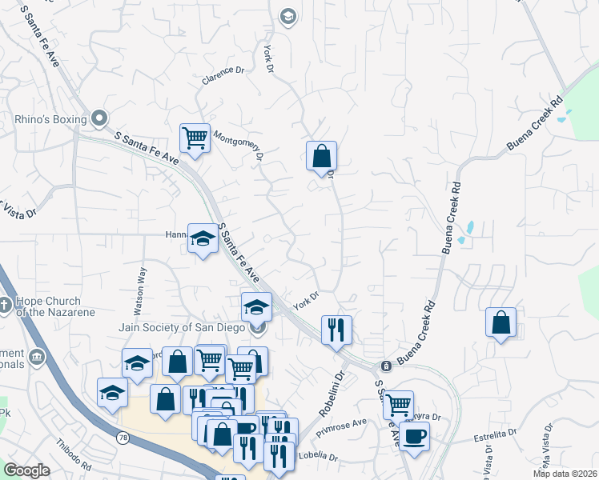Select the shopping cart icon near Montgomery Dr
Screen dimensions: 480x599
(195, 138)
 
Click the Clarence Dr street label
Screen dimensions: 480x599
(223, 76)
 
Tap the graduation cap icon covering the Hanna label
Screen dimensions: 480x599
(203, 238)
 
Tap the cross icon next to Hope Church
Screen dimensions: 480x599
(6, 304)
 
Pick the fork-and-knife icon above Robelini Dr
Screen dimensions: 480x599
(336, 329)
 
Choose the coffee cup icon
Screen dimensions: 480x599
(414, 437)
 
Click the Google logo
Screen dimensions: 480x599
(27, 470)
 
